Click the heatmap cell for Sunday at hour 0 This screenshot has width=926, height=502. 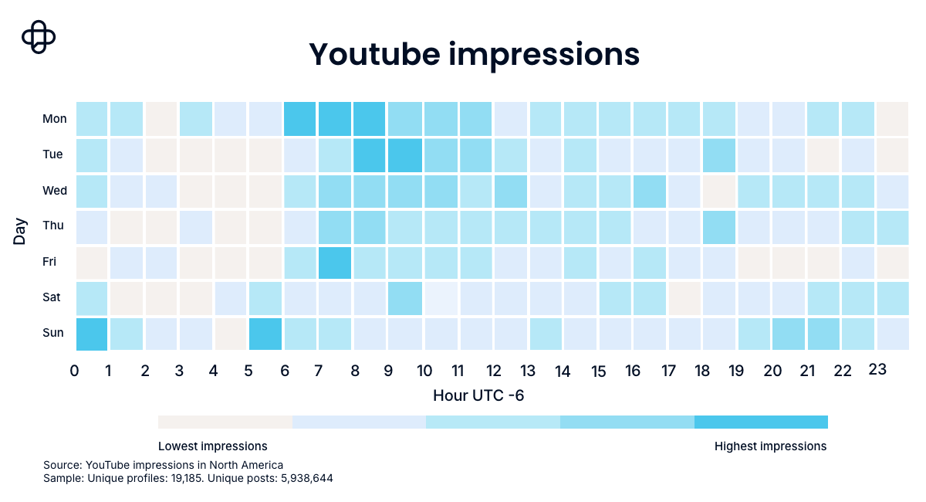coord(92,334)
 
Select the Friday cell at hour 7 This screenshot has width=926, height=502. coord(335,263)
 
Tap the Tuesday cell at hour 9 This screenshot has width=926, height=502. coord(405,155)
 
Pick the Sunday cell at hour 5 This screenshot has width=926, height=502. coord(265,334)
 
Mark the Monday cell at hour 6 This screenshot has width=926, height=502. coord(300,119)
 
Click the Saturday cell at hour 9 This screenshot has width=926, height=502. coord(405,298)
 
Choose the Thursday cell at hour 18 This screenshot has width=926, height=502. coord(719,227)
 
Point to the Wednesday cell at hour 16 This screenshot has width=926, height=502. coord(650,192)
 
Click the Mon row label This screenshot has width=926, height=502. coord(55,119)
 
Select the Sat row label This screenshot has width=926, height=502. coord(51,297)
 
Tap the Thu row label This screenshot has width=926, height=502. coord(53,226)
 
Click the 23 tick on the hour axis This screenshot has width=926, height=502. coord(877,369)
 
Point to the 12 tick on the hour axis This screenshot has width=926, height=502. coord(494,371)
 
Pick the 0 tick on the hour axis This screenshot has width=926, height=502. coord(74,371)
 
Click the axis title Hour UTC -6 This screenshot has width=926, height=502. coord(478,395)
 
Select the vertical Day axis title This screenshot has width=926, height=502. coord(19,232)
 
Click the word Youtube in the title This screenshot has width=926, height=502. coord(374,54)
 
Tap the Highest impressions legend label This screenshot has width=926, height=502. coord(771,446)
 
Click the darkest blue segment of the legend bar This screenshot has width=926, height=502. coord(761,422)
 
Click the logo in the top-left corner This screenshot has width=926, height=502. coord(39,37)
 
